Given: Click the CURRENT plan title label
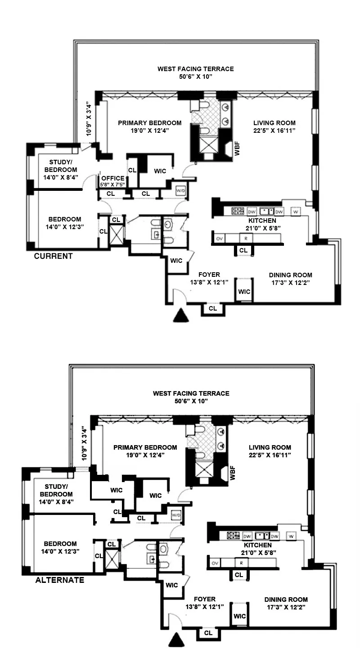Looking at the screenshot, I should (54, 256).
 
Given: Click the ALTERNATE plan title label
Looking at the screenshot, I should (59, 580).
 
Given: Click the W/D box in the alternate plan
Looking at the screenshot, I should (175, 514).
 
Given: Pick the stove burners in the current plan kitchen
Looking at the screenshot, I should (237, 211).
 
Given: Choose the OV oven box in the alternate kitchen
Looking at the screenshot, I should (216, 563).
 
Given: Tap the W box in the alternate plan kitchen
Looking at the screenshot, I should (291, 536).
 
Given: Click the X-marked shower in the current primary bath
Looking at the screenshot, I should (207, 146).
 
